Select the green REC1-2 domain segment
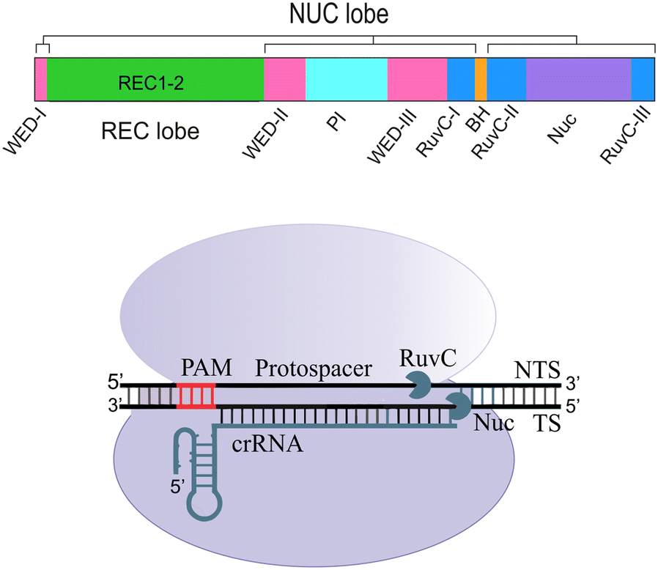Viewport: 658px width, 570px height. (x=155, y=79)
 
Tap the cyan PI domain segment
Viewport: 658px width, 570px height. (x=346, y=79)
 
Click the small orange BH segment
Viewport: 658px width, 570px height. (x=481, y=79)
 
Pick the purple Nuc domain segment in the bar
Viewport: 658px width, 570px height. (x=578, y=79)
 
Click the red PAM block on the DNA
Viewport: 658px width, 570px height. (x=196, y=395)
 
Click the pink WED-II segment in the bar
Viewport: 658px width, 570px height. (x=284, y=79)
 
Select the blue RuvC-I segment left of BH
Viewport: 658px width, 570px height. (x=461, y=79)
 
